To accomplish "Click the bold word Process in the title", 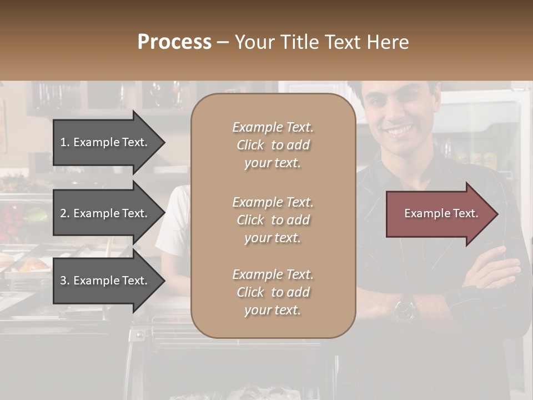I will [x=174, y=42].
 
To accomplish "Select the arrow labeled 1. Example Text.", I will [x=105, y=142].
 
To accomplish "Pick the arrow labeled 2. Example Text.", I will [x=105, y=213].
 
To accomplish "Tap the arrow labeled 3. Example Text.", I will [x=105, y=281].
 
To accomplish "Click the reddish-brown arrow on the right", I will [x=439, y=214].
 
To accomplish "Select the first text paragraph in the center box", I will [x=273, y=145].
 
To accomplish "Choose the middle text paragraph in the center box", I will [x=273, y=220].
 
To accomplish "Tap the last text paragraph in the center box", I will [x=273, y=292].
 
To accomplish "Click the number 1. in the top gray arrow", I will [x=64, y=142].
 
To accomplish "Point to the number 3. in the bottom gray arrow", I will [x=64, y=281].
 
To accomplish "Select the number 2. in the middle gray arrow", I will [x=64, y=213].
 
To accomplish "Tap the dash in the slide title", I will [x=223, y=42].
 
